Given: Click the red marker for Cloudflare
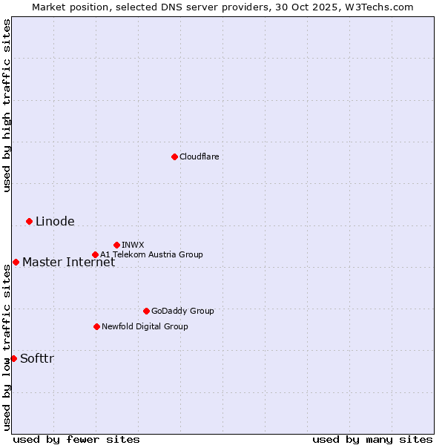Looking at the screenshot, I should click(174, 156).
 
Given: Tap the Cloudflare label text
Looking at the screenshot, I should click(199, 156).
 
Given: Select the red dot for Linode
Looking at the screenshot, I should click(29, 221).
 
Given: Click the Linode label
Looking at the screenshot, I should click(55, 221).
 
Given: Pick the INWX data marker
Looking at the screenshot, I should click(116, 245).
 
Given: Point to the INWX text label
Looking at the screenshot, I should click(133, 245).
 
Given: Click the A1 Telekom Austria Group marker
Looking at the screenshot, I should click(95, 254).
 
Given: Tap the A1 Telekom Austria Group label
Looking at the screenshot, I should click(151, 254).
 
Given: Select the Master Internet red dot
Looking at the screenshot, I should click(16, 262).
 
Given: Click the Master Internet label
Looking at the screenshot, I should click(68, 262).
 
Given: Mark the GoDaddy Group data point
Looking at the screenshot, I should click(146, 311).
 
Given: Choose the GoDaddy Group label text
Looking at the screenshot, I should click(182, 311).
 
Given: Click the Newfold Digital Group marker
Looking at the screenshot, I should click(96, 326).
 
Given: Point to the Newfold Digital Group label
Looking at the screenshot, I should click(145, 326).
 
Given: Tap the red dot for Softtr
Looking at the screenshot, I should click(13, 358).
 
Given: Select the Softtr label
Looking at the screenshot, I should click(37, 359).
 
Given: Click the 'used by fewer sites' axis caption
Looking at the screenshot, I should click(76, 439).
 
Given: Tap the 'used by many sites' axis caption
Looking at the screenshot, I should click(372, 439).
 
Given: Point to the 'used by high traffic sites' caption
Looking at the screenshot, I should click(7, 105).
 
